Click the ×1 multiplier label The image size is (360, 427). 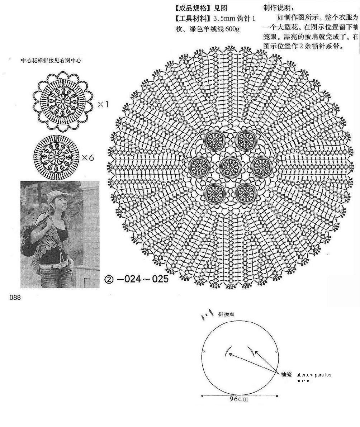tap(103, 104)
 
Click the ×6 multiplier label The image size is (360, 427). tap(87, 157)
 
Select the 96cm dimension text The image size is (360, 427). tap(239, 399)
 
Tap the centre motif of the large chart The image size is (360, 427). tap(229, 166)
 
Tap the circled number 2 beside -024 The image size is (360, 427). tap(109, 279)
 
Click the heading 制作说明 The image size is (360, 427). tap(279, 8)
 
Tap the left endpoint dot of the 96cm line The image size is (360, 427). tap(203, 396)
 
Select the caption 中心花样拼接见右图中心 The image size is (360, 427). tap(51, 61)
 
